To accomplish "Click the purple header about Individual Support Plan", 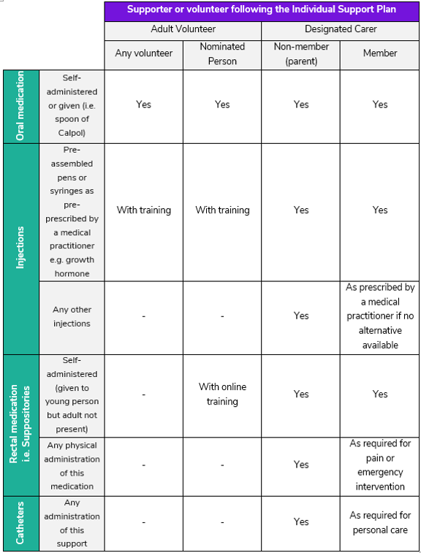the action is click(262, 9).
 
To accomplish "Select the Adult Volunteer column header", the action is click(183, 30).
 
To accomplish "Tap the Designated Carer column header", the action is click(340, 30).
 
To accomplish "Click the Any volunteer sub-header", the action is click(144, 53).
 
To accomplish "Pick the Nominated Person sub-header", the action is click(222, 53).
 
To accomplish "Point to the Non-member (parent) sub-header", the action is click(301, 53).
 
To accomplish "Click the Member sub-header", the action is click(380, 53).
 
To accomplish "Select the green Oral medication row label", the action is click(20, 106).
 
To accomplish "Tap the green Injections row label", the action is click(20, 248).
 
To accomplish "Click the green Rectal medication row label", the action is click(20, 425).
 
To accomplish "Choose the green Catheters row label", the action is click(20, 523).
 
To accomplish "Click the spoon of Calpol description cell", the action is click(72, 106).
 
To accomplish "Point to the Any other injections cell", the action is click(72, 316).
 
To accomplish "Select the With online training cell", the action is click(222, 394).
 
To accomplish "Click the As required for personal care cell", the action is click(380, 523).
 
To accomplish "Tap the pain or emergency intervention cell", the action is click(380, 465).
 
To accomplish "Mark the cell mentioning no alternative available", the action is click(380, 316).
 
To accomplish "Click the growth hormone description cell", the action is click(72, 212).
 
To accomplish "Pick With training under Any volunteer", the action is click(144, 210).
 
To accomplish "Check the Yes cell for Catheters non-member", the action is click(301, 522).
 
